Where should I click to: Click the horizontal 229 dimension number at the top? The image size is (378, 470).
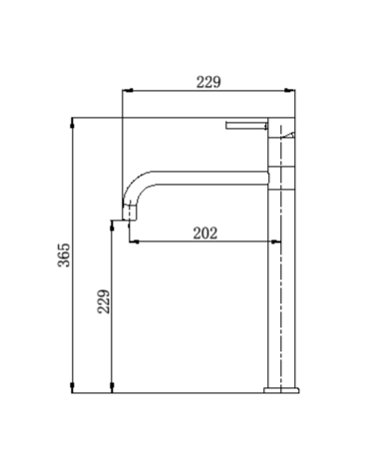click(208, 82)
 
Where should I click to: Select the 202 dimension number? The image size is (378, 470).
click(205, 234)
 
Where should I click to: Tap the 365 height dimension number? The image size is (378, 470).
click(64, 254)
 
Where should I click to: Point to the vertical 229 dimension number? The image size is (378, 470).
click(104, 301)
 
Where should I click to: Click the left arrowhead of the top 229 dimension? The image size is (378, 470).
click(128, 90)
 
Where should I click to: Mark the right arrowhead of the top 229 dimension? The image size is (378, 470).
click(290, 90)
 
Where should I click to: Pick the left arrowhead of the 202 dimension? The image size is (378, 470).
click(134, 241)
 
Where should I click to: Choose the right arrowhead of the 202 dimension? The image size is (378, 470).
click(276, 241)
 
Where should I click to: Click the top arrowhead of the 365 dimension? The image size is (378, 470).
click(72, 123)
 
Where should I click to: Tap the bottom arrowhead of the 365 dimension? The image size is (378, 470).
click(72, 387)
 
